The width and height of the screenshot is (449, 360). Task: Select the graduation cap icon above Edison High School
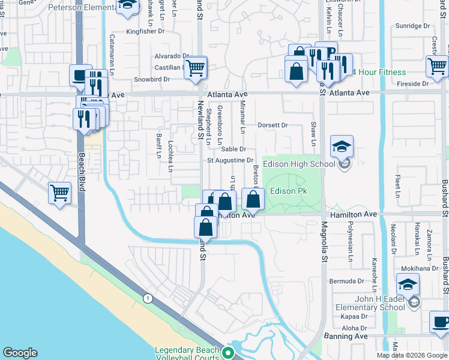tap(342, 146)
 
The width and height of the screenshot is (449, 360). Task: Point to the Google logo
tap(20, 353)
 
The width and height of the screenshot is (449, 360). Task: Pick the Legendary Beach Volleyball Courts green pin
tap(228, 353)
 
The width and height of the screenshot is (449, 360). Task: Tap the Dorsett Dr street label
tap(273, 125)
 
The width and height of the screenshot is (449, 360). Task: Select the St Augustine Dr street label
tap(231, 160)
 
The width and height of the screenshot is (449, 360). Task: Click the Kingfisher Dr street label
tap(145, 31)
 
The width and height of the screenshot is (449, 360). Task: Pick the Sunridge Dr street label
tap(413, 26)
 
